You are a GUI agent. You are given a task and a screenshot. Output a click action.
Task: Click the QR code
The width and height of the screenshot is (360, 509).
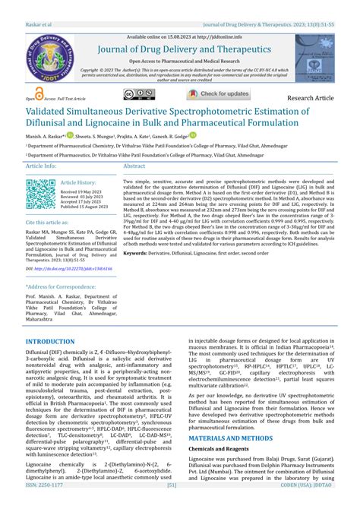pyautogui.click(x=41, y=193)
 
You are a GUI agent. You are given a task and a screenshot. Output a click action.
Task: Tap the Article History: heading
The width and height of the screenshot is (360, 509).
pyautogui.click(x=79, y=182)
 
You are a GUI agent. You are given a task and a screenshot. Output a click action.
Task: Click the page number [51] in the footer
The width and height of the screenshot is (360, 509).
pyautogui.click(x=172, y=504)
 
